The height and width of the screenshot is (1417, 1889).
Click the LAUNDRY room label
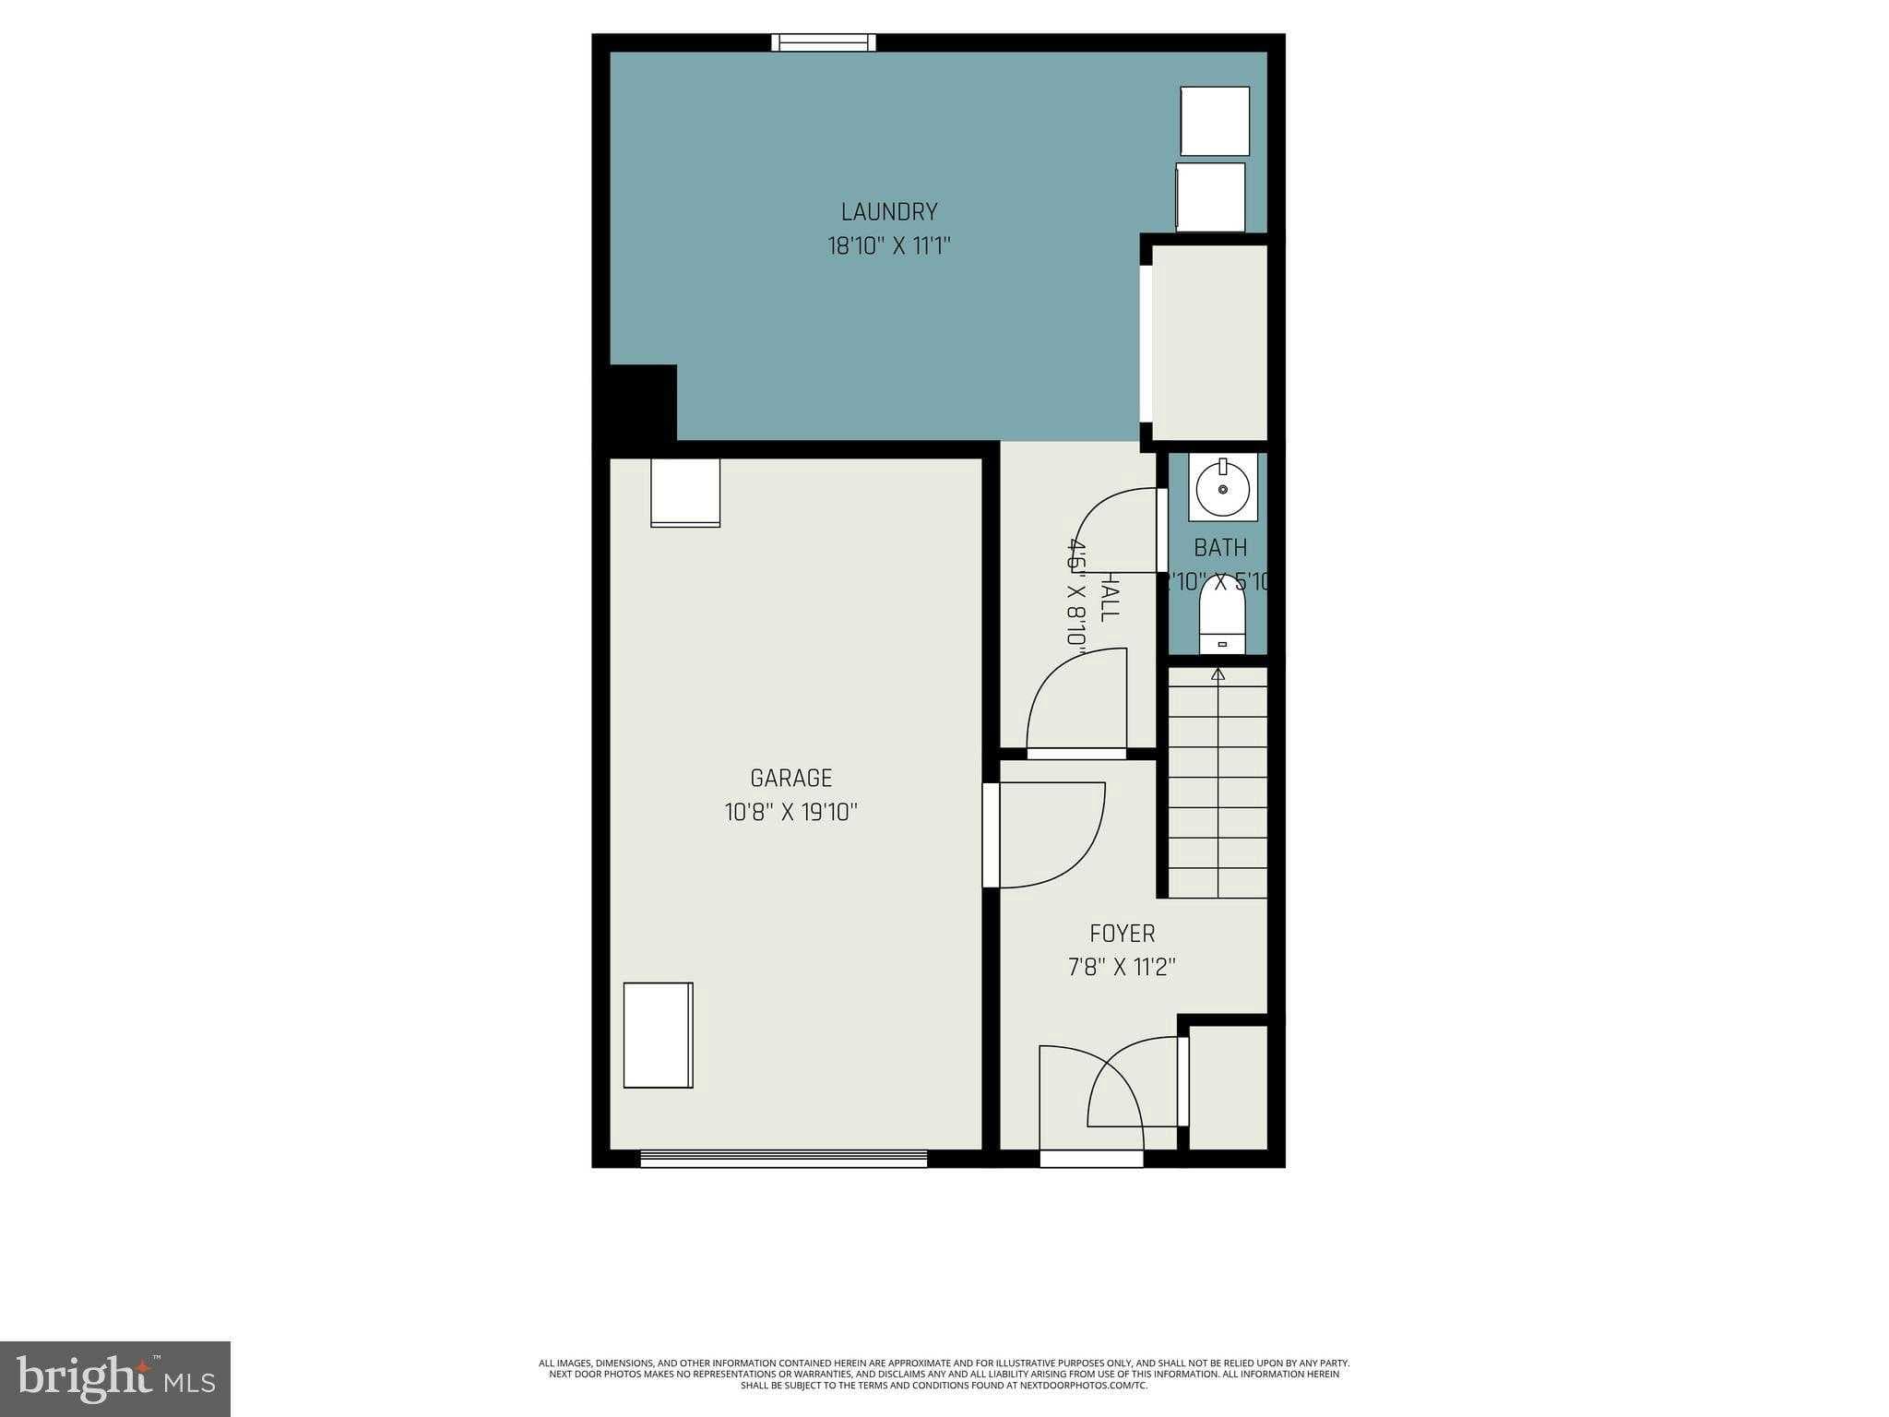click(889, 212)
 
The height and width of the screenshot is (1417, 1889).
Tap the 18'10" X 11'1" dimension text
click(889, 246)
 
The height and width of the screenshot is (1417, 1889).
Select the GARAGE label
click(790, 779)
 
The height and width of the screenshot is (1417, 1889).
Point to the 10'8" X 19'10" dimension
click(790, 813)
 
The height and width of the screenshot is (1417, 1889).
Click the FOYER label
click(1122, 934)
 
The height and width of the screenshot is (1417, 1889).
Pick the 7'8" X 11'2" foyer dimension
click(1122, 968)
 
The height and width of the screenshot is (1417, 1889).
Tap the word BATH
click(1219, 548)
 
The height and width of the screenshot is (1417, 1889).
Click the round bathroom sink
click(1223, 488)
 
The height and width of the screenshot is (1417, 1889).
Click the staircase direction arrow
click(1218, 675)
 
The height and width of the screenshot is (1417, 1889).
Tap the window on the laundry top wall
click(824, 42)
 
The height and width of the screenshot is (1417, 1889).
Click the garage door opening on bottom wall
click(783, 1159)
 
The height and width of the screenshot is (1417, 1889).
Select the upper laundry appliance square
click(1215, 121)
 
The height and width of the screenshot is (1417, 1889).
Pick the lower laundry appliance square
click(1210, 197)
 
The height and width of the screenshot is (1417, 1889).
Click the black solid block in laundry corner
click(643, 403)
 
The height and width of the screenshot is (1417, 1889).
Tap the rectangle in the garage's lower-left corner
click(658, 1035)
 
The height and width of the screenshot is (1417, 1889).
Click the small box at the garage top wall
click(685, 493)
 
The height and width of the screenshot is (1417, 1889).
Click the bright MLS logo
click(115, 1378)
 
